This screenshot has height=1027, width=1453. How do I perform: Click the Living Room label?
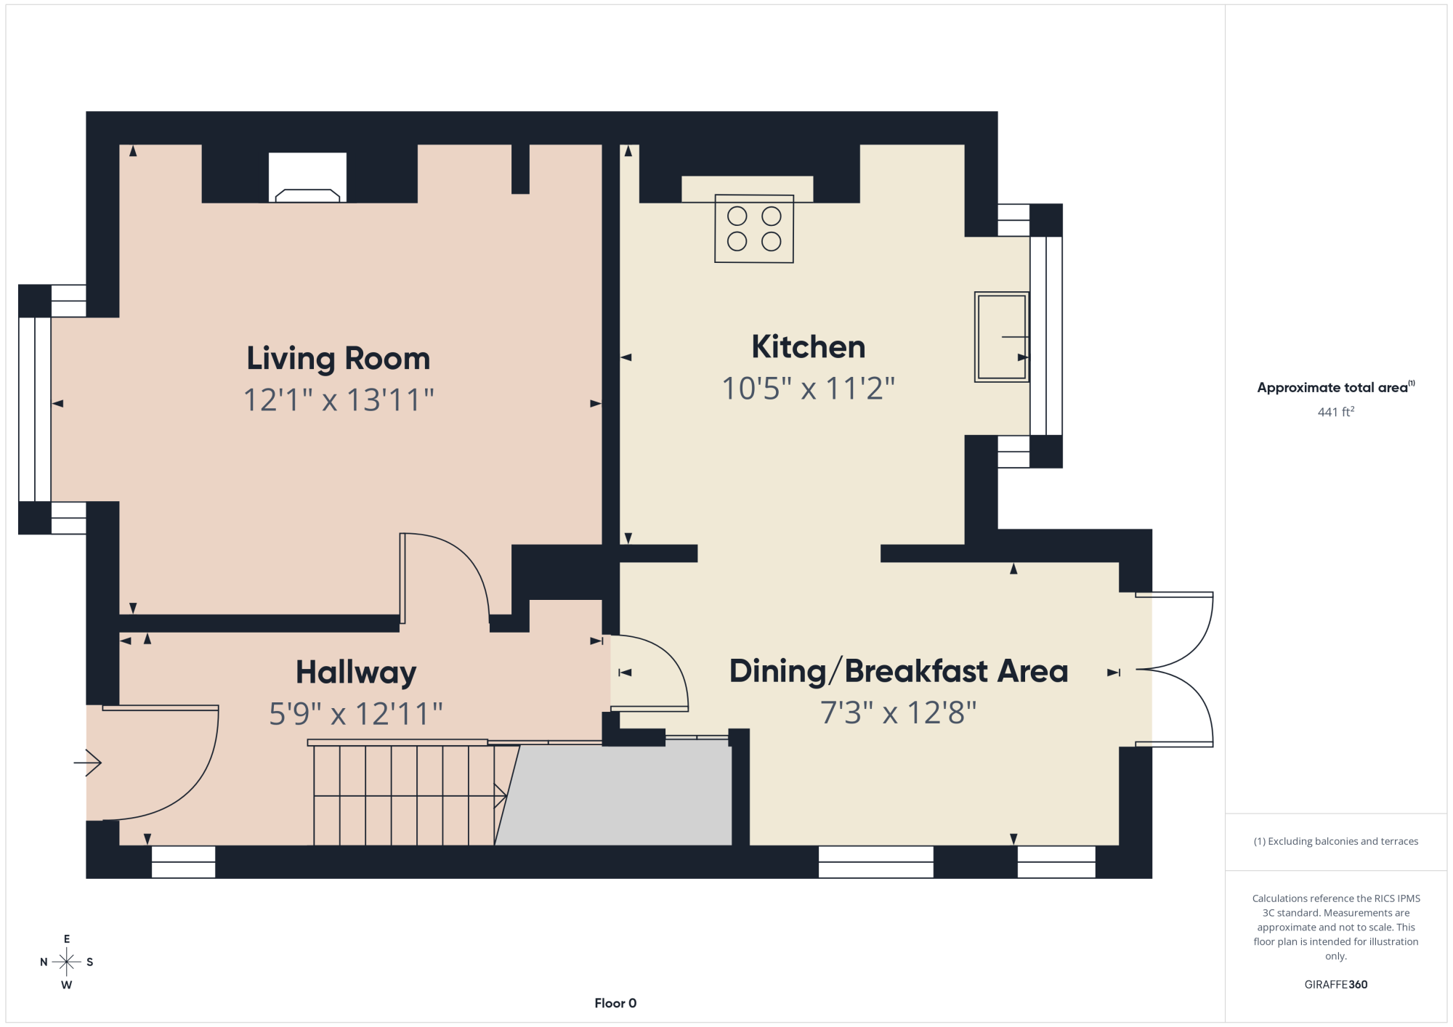pyautogui.click(x=339, y=359)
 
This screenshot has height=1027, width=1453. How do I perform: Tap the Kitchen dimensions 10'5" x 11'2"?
pyautogui.click(x=808, y=389)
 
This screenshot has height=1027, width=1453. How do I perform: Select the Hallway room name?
pyautogui.click(x=356, y=673)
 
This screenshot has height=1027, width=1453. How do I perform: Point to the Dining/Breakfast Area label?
pyautogui.click(x=899, y=672)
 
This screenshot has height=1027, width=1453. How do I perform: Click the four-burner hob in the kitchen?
pyautogui.click(x=754, y=228)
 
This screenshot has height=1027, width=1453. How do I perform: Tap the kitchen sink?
pyautogui.click(x=1002, y=337)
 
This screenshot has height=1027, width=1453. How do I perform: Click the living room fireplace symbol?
pyautogui.click(x=307, y=177)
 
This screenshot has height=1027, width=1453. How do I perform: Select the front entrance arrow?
pyautogui.click(x=87, y=763)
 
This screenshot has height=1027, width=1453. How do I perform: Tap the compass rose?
pyautogui.click(x=67, y=962)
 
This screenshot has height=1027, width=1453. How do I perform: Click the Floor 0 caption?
pyautogui.click(x=615, y=1003)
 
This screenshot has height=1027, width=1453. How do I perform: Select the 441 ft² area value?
pyautogui.click(x=1336, y=412)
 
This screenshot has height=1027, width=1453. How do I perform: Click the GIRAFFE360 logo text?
pyautogui.click(x=1336, y=985)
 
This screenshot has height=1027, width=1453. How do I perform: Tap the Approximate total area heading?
pyautogui.click(x=1336, y=387)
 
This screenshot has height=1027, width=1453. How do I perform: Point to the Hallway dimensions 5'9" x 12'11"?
pyautogui.click(x=356, y=714)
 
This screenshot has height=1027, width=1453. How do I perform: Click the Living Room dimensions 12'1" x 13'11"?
pyautogui.click(x=339, y=400)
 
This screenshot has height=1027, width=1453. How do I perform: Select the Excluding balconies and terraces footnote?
pyautogui.click(x=1336, y=841)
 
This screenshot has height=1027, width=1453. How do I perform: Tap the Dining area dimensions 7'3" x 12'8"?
pyautogui.click(x=899, y=713)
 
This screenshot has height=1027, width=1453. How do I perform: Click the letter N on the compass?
pyautogui.click(x=44, y=962)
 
